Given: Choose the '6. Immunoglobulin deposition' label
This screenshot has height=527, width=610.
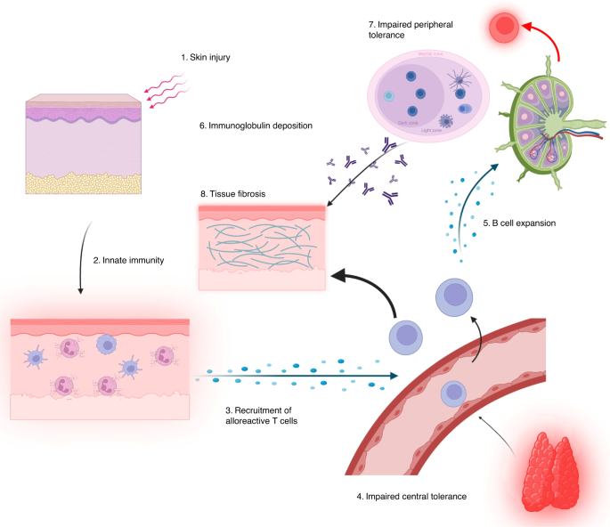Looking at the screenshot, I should point(256,126).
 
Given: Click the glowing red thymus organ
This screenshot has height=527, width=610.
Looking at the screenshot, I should point(552,471).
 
